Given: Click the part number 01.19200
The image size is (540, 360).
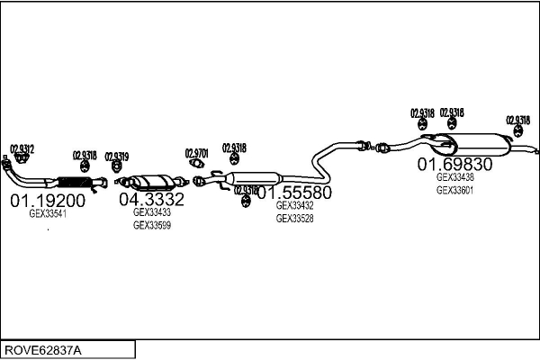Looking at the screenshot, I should click(x=47, y=200).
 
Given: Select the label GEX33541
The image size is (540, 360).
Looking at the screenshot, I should click(x=48, y=214).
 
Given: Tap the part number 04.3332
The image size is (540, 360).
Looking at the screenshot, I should click(x=151, y=199).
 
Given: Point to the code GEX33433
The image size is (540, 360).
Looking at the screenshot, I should click(x=151, y=212).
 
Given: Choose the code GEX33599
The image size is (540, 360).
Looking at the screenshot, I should click(x=151, y=225).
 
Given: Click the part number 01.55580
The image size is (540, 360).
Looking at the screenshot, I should click(x=294, y=193).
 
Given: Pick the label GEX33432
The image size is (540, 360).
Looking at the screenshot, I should click(x=294, y=206).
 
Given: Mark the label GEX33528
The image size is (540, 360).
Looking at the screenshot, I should click(x=294, y=219).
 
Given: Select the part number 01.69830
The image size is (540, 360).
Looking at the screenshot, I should click(x=454, y=165).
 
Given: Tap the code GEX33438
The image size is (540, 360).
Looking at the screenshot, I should click(x=454, y=177).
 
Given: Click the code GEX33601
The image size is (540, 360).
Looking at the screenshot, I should click(x=454, y=190).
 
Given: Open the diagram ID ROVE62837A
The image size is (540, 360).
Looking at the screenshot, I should click(x=42, y=349).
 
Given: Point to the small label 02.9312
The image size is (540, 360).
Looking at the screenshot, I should click(x=22, y=148).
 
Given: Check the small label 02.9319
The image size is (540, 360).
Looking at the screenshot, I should click(x=117, y=156).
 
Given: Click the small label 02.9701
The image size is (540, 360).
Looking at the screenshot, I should click(x=196, y=152).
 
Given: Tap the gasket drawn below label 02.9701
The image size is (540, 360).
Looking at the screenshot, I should click(x=197, y=164).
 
